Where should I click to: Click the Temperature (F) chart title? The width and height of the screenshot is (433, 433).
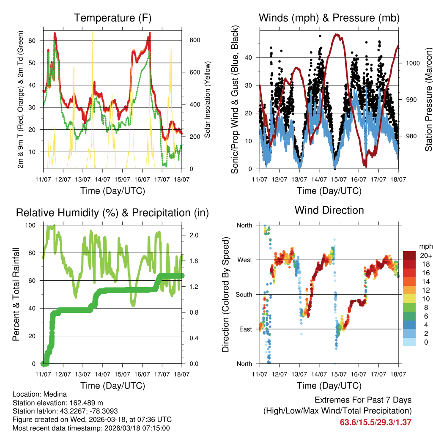(x=112, y=18)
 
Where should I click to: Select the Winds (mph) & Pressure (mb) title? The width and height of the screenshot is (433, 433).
(x=329, y=18)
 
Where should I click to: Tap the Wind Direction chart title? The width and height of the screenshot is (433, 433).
(x=329, y=210)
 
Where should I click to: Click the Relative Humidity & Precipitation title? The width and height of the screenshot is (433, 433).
(x=112, y=212)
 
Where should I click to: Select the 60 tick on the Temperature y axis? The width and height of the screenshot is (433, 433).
(x=36, y=41)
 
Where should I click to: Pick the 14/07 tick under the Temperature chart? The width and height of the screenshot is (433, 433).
(x=102, y=180)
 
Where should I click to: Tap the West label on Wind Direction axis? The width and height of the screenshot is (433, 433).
(x=244, y=260)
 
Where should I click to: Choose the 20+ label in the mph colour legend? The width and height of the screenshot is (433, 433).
(x=426, y=256)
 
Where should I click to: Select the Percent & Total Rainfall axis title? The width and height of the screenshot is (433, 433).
(x=16, y=294)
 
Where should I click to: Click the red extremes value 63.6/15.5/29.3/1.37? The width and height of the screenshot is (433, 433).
(x=375, y=422)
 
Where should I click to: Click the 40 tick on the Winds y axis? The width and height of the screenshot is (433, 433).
(x=249, y=58)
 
